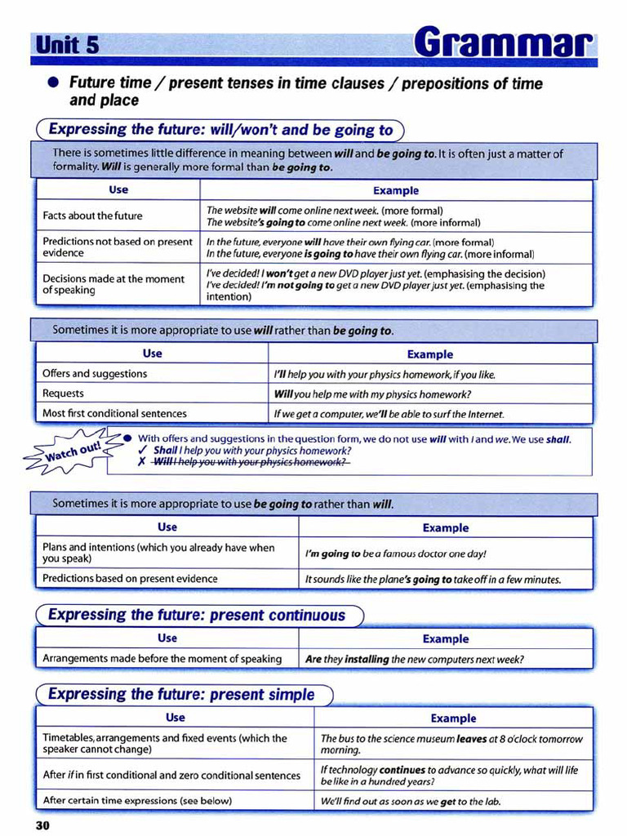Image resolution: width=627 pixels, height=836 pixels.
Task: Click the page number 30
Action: coord(42,825)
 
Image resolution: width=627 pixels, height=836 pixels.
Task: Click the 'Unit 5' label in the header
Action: coord(68,45)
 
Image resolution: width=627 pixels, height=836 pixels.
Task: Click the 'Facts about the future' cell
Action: coord(92,216)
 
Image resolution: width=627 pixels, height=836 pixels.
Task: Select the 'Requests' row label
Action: coord(63,394)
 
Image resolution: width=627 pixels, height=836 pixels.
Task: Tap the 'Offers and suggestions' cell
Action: coord(95,374)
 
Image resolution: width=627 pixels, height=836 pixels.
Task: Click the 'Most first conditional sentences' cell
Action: coord(114,413)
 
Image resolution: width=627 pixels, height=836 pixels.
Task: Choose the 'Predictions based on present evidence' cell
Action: coord(130,579)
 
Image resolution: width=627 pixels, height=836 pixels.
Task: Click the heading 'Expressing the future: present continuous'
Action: coord(197,615)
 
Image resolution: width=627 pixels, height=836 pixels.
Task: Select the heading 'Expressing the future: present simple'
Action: coord(181,695)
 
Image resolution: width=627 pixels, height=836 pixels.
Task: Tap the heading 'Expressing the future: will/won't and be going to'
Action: coord(220,130)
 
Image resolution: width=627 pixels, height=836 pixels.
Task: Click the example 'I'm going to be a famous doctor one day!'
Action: coord(395,554)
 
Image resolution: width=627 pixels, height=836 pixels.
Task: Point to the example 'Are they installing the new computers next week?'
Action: coord(414,659)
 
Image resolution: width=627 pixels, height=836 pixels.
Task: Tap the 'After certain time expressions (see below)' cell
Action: coord(137,800)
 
